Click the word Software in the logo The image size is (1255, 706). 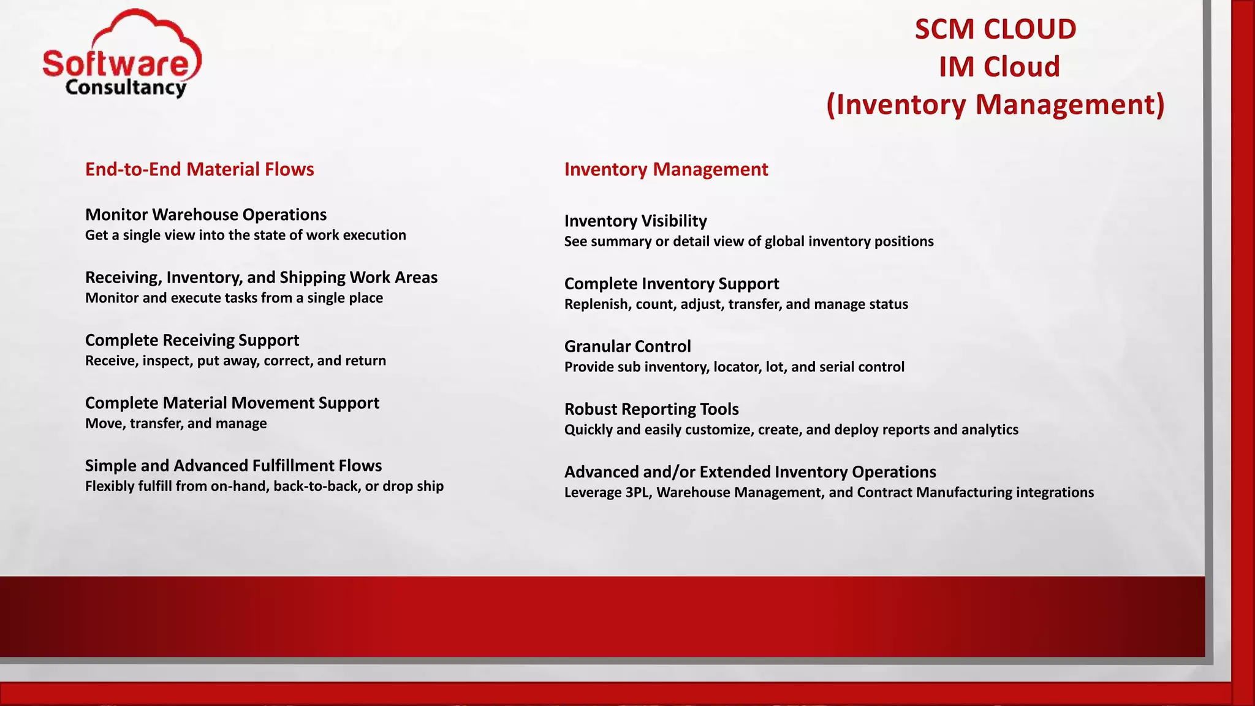116,64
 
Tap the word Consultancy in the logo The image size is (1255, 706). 125,88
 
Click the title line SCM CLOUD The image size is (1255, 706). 995,29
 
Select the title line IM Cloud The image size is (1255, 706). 999,67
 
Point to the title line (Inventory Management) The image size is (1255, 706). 995,104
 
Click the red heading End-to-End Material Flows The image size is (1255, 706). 199,169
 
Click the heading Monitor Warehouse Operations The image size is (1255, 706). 205,214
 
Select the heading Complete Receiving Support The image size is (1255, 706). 192,340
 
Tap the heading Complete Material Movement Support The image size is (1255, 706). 232,403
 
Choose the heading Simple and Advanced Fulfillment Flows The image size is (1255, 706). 233,466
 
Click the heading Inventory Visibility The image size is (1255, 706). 635,221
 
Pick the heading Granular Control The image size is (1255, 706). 627,346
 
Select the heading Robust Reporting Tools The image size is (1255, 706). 651,409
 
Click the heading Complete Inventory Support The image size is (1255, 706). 671,284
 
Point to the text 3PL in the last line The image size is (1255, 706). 638,493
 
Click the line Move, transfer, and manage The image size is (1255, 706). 176,423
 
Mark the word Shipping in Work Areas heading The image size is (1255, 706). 313,278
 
